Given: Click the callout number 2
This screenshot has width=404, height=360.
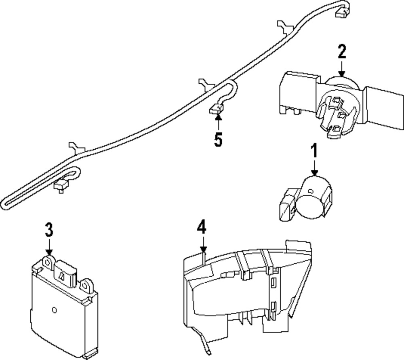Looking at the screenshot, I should [342, 52].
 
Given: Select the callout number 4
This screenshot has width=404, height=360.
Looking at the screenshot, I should [202, 228].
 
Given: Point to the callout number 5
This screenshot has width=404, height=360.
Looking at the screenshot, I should [218, 140].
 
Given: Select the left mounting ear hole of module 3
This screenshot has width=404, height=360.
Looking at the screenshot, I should [48, 263].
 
